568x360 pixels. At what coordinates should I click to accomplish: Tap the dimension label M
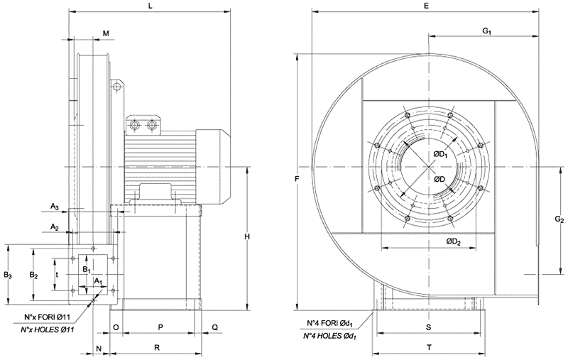pos(106,33)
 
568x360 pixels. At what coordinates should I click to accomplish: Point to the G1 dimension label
pos(488,31)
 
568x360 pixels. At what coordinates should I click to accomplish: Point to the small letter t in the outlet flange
pos(56,273)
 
